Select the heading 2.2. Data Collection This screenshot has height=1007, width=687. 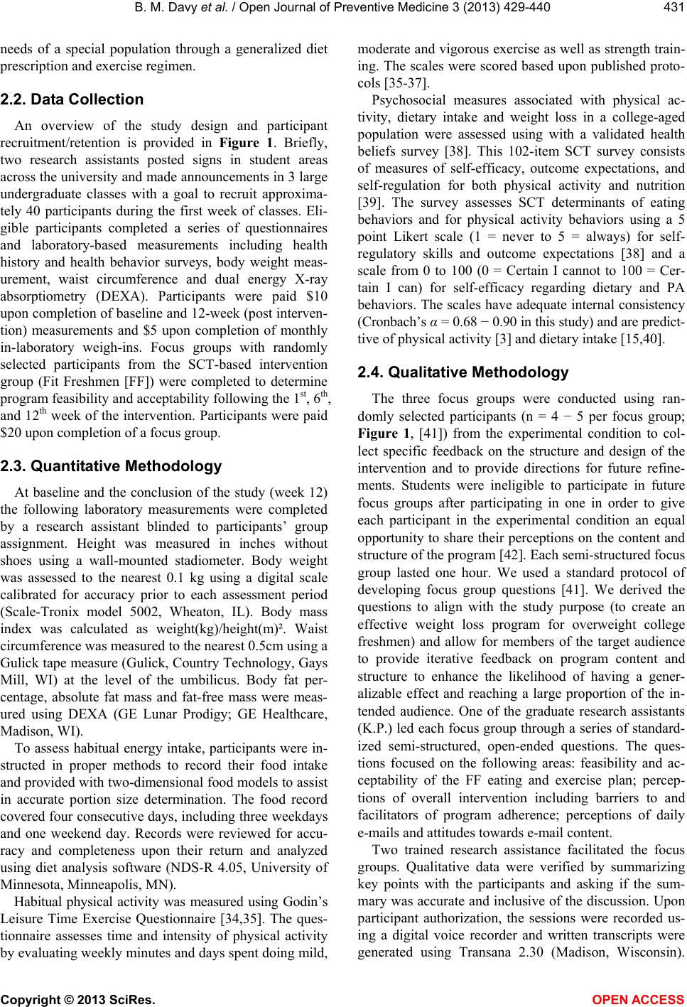(72, 99)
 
